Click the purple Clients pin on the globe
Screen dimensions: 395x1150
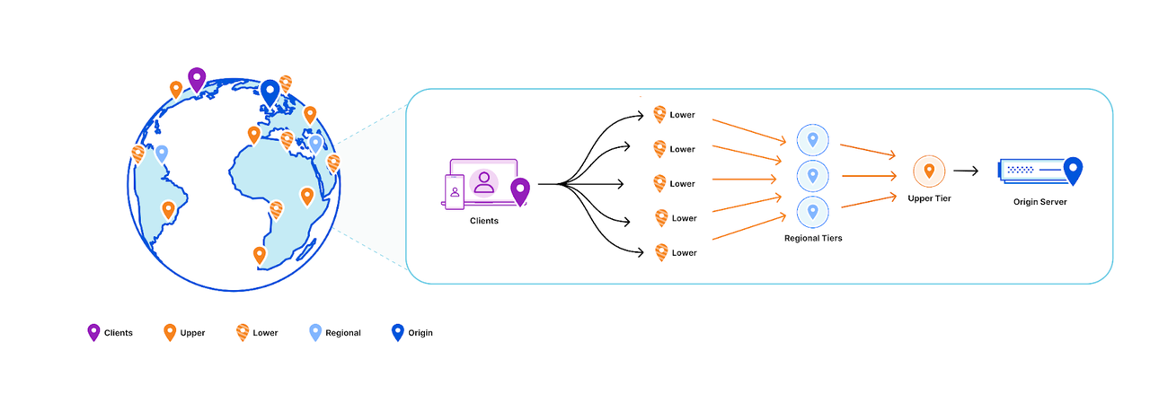[196, 79]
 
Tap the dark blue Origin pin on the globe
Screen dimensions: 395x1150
[270, 92]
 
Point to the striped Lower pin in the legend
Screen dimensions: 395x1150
[243, 332]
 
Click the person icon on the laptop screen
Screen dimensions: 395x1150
[485, 182]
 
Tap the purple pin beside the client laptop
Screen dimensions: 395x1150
[520, 190]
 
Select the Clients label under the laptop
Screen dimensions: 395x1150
[484, 220]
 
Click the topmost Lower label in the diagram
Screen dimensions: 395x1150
[683, 116]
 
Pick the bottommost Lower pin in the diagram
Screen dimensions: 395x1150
[661, 252]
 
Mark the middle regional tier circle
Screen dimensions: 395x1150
[813, 175]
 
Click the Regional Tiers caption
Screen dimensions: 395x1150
[813, 239]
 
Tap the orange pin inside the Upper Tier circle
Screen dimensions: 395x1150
[929, 170]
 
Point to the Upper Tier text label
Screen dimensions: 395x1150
[929, 198]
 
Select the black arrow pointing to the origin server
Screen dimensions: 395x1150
[967, 171]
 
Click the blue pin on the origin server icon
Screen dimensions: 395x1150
[1072, 170]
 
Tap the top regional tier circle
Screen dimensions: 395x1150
[813, 139]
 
